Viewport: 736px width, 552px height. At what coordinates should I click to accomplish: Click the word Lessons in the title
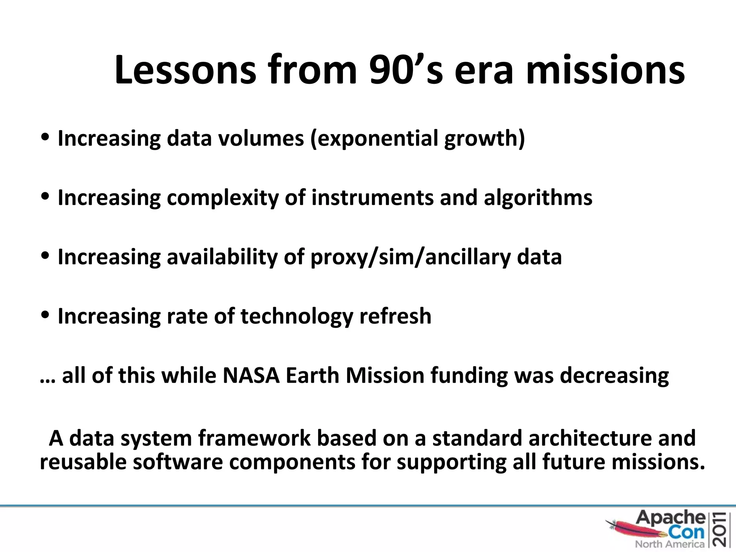point(185,70)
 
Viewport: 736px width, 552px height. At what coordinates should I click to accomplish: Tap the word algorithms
point(538,198)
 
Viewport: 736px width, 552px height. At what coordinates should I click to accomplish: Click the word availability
point(222,257)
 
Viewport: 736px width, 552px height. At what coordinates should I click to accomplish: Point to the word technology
point(297,317)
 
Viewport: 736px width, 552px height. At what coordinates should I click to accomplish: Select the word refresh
point(395,317)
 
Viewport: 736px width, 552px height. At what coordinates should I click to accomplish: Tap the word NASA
point(251,376)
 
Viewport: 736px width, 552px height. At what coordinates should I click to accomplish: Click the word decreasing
point(615,376)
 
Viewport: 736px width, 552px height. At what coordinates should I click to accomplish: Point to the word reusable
point(83,462)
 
